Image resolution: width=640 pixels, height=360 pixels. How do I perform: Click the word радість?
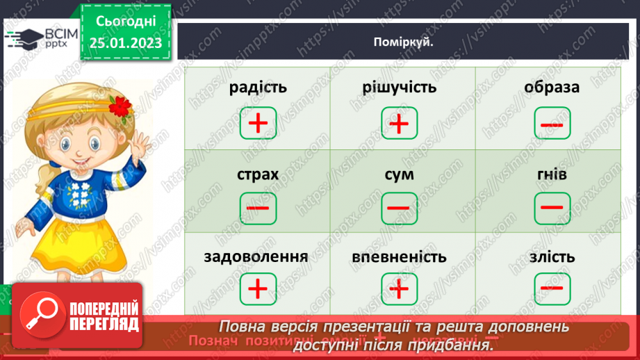(257, 88)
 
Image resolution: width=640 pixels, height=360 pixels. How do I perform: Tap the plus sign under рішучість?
(399, 124)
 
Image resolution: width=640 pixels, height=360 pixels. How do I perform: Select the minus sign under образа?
(552, 124)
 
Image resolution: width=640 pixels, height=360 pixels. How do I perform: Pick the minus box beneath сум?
(399, 208)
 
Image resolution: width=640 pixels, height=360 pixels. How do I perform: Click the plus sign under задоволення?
(257, 288)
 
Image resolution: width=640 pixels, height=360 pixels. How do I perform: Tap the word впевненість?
(399, 257)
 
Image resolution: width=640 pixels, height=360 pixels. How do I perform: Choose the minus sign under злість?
(552, 288)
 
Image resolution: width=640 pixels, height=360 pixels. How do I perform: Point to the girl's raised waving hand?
(140, 145)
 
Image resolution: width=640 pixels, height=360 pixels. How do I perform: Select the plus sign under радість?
(257, 124)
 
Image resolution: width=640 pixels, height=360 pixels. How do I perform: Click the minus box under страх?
(257, 208)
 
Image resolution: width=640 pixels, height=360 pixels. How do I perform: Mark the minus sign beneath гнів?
(552, 206)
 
